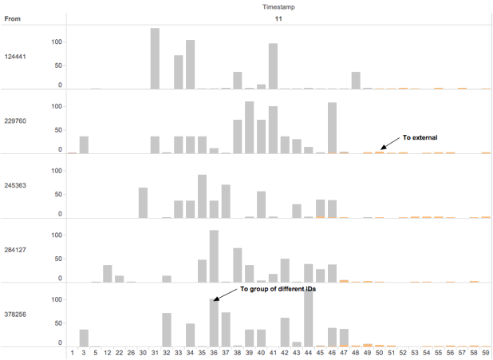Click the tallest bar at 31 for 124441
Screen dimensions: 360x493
155,58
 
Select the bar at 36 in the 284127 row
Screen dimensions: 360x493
214,255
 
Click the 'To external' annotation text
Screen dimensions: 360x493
420,137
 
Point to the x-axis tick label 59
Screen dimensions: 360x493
486,351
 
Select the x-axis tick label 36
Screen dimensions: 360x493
214,351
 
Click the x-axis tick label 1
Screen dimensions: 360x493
72,351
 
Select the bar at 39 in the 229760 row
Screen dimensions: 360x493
249,127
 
